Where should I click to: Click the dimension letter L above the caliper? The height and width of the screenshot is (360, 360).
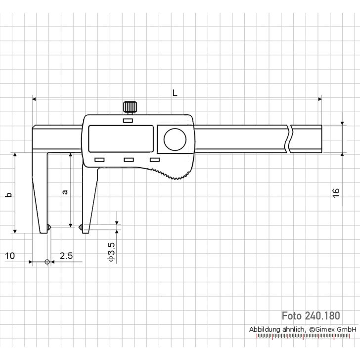tap(175, 92)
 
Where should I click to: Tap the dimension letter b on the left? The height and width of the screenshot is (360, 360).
tap(8, 195)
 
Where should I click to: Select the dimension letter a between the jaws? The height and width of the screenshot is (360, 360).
tap(64, 191)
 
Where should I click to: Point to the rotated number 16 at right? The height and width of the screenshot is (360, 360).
tap(336, 193)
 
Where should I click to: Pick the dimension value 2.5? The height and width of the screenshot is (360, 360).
tap(66, 256)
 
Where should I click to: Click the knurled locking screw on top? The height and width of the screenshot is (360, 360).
tap(130, 107)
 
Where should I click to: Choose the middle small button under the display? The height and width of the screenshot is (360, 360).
tap(129, 160)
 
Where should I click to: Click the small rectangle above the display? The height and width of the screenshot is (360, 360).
tap(128, 120)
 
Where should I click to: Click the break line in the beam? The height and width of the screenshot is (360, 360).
tap(289, 139)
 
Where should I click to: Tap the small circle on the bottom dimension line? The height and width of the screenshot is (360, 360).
tap(47, 262)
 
